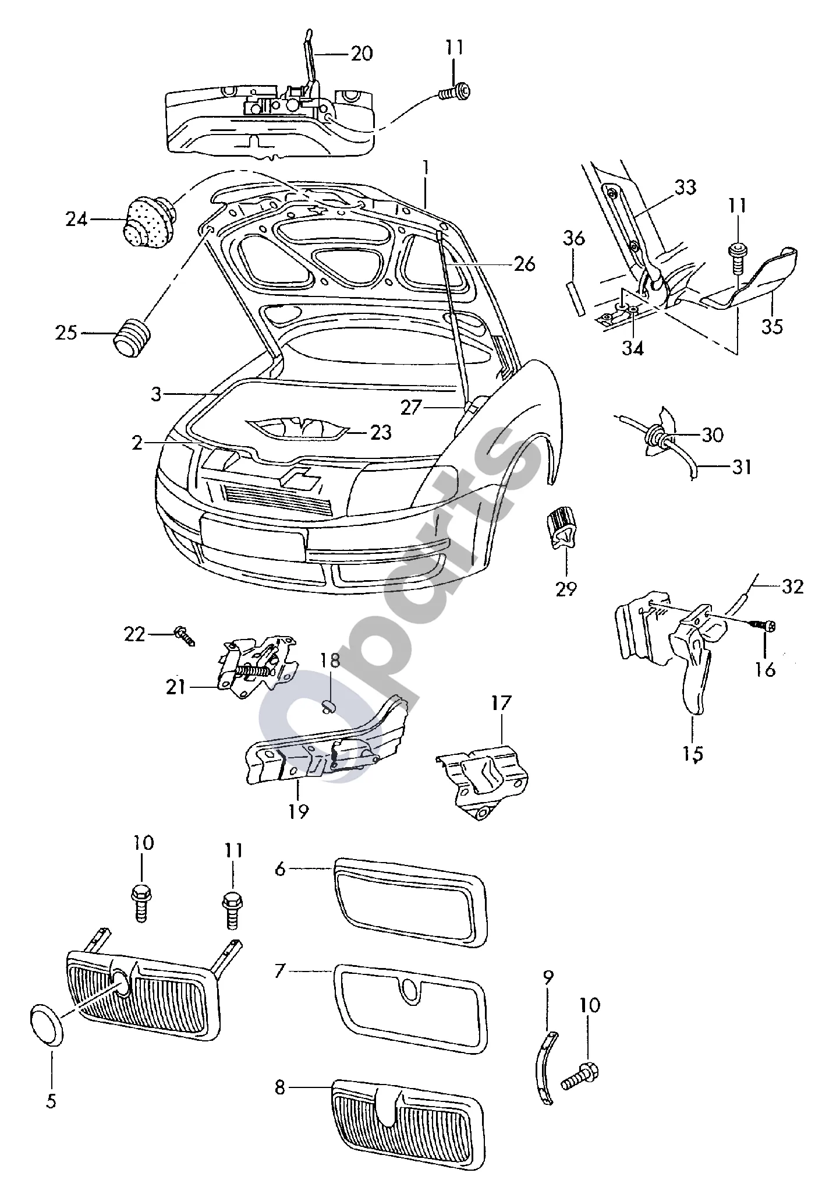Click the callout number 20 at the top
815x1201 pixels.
(x=361, y=54)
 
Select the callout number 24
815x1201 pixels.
(x=77, y=220)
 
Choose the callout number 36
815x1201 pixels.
(x=573, y=238)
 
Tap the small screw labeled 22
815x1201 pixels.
(x=185, y=635)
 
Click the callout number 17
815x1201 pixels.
(x=501, y=703)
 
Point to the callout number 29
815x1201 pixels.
(x=565, y=589)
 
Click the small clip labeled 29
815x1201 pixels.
(x=561, y=528)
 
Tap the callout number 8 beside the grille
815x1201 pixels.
(x=281, y=1087)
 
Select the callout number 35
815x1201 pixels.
(x=772, y=326)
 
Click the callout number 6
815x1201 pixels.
(x=281, y=869)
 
